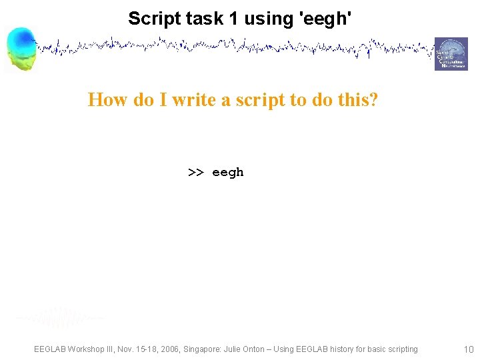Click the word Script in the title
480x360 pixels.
click(151, 18)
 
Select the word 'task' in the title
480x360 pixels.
click(202, 18)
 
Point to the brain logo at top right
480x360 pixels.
click(451, 54)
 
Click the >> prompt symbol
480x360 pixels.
click(195, 173)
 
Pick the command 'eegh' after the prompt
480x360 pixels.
click(228, 173)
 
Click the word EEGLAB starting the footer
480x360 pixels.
click(52, 349)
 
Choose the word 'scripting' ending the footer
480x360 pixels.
click(400, 349)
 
